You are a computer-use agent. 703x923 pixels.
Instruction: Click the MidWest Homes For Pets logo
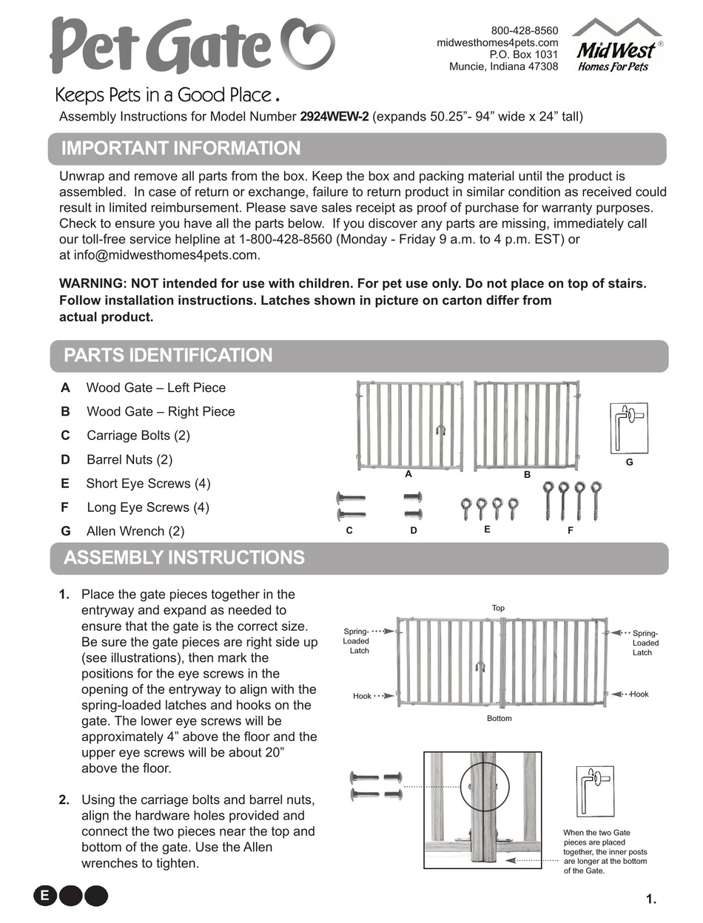[x=617, y=47]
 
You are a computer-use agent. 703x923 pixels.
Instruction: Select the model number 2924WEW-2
[x=334, y=117]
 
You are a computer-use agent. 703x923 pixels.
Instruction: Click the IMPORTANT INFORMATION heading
[x=181, y=149]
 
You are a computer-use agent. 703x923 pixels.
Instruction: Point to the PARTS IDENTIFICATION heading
[x=168, y=356]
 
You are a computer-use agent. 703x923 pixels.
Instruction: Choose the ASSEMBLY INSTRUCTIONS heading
[x=184, y=558]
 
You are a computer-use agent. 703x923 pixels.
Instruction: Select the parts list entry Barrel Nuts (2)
[x=129, y=459]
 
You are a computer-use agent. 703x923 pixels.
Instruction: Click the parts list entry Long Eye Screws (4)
[x=147, y=507]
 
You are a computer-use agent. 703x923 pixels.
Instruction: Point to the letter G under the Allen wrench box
[x=629, y=462]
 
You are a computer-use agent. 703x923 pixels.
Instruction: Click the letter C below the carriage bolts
[x=349, y=530]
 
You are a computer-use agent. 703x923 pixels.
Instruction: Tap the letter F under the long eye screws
[x=571, y=530]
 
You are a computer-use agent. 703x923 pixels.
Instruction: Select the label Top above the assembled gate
[x=498, y=608]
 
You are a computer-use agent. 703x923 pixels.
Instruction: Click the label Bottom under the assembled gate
[x=499, y=718]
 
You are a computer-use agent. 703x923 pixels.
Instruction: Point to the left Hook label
[x=362, y=696]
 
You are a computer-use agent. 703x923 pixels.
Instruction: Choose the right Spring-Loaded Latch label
[x=645, y=643]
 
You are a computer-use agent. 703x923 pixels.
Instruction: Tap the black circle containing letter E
[x=45, y=896]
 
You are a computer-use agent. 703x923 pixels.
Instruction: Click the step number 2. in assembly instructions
[x=64, y=799]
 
